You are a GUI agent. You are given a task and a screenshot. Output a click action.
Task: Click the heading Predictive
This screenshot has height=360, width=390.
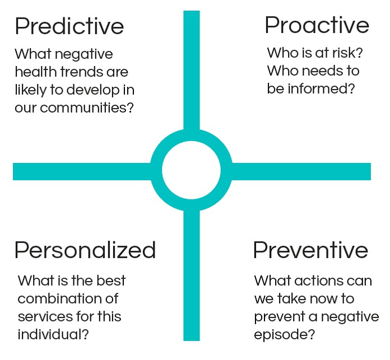click(69, 26)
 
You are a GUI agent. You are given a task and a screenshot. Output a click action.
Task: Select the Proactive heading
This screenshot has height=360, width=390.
click(317, 25)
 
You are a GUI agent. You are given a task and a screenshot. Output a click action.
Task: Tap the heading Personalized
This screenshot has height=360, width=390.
click(85, 250)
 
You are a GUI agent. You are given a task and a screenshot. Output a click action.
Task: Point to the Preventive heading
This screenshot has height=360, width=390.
click(310, 250)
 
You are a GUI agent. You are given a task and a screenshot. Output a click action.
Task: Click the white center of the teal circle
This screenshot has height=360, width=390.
click(191, 170)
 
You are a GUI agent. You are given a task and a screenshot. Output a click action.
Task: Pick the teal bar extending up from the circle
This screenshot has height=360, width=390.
click(192, 71)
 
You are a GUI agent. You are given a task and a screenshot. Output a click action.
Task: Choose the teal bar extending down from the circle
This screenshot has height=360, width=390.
click(192, 275)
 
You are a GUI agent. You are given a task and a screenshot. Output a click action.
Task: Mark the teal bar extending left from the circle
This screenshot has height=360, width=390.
click(82, 171)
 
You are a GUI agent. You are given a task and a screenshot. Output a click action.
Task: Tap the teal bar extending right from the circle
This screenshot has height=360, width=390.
click(301, 171)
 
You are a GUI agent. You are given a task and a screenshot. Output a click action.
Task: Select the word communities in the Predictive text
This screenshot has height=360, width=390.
click(87, 107)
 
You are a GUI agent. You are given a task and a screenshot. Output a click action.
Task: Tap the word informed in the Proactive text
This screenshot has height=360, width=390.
click(321, 88)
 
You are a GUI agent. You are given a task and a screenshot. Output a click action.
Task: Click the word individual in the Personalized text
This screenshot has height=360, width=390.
click(53, 334)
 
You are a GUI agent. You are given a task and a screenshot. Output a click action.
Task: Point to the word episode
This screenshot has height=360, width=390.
click(284, 335)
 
